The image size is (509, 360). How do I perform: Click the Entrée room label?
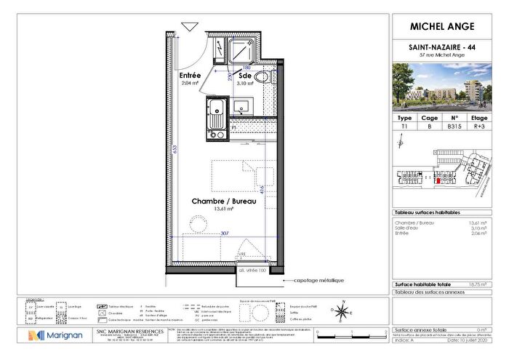point(191,75)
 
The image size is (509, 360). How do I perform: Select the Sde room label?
point(244,75)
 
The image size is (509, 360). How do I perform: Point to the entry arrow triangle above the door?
point(191,26)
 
